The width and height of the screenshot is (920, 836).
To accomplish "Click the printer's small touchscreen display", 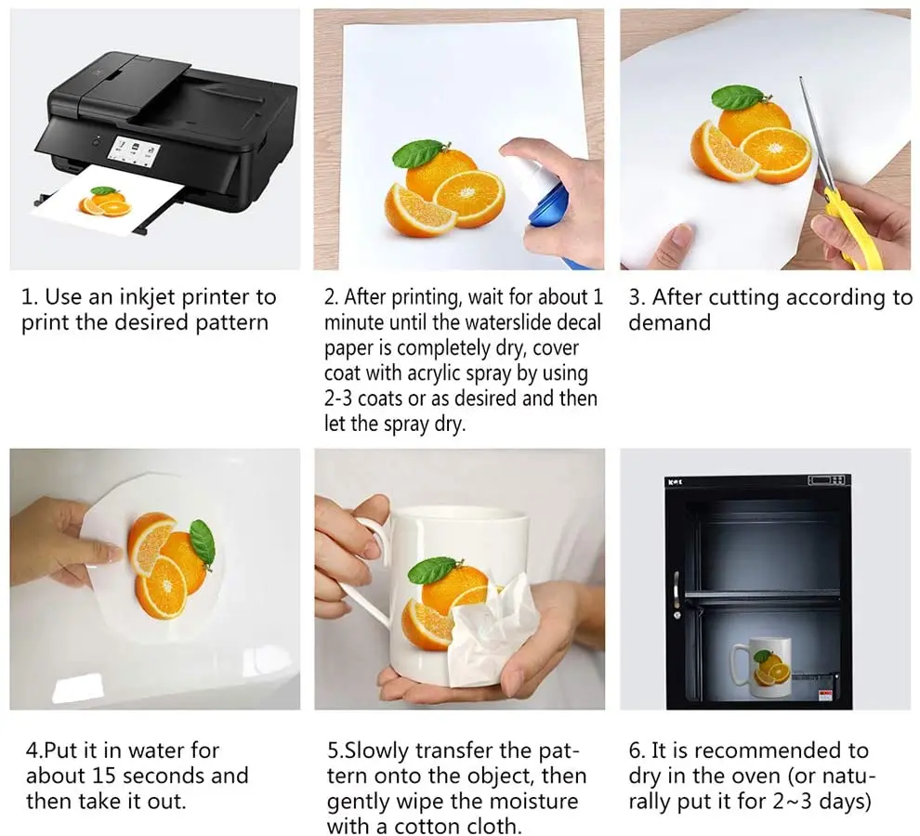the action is tap(134, 150).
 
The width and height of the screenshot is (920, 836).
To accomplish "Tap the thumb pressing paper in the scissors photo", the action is tap(676, 242).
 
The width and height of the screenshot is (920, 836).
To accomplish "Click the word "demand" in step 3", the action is tap(669, 322).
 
